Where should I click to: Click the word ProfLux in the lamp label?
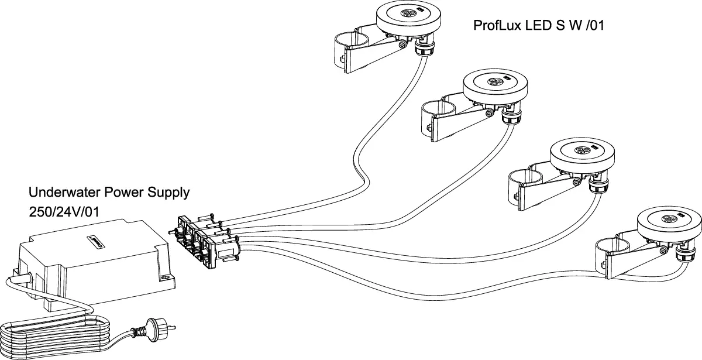coord(493,26)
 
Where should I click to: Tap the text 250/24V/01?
coord(63,211)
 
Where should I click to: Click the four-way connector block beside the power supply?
coord(202,240)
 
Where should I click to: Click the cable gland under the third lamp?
coord(596,186)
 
